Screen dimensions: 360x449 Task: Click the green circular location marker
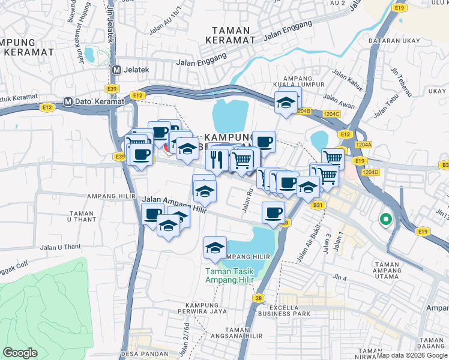pos(385,220)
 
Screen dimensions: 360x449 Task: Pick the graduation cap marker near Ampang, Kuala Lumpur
pos(286,101)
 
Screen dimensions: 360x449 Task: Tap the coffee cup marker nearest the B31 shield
pos(274,212)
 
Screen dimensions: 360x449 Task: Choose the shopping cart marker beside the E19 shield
pos(332,158)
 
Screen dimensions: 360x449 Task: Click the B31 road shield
pos(318,205)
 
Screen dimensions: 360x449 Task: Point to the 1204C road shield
pos(331,113)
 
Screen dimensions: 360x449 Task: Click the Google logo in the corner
pos(20,352)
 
